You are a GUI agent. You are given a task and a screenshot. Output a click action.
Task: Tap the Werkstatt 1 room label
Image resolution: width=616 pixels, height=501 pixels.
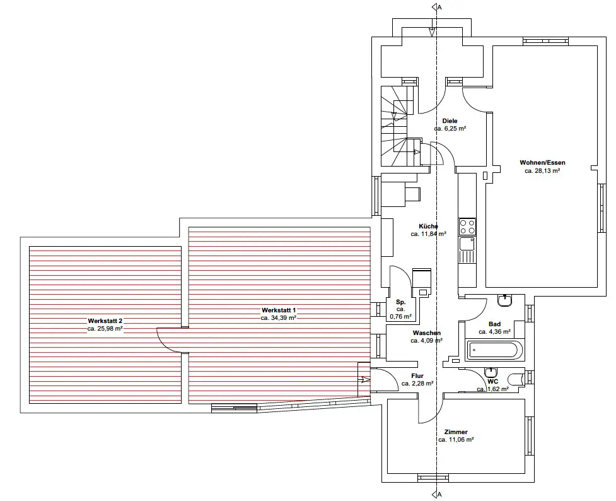tap(279, 310)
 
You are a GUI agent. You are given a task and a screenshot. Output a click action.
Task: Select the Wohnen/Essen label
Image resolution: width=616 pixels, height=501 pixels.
tap(542, 162)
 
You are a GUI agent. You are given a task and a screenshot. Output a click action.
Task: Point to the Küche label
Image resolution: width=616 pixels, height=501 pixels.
tap(429, 226)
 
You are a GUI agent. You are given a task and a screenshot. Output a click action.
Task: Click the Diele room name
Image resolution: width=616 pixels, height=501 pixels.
tap(450, 121)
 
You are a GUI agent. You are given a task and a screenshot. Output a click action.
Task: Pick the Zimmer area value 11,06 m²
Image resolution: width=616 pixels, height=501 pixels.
tap(456, 440)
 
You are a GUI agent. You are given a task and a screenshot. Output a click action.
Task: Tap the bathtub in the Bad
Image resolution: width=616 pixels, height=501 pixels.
tap(494, 350)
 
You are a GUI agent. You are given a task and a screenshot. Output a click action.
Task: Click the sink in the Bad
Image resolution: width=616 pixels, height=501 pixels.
tap(504, 300)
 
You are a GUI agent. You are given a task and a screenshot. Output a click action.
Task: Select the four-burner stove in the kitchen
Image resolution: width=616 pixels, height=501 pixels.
tap(467, 227)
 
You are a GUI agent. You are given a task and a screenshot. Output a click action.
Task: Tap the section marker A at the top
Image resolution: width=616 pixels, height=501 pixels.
tap(439, 8)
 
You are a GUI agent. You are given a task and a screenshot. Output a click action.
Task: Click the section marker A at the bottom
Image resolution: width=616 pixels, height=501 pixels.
tap(439, 493)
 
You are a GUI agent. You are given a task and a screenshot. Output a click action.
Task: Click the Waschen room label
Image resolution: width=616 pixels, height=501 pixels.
tap(427, 333)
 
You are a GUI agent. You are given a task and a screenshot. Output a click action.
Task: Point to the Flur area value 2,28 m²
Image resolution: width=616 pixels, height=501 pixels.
tap(417, 383)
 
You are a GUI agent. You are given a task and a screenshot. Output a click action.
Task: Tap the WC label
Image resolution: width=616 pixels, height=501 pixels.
tap(493, 381)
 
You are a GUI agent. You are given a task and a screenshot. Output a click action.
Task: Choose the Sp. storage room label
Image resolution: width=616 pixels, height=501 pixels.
tap(401, 302)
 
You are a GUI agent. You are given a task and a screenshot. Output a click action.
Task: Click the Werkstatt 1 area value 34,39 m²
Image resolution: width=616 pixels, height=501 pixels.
tap(279, 318)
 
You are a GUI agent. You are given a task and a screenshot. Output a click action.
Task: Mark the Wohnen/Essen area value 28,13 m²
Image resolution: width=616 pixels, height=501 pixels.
tap(542, 170)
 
